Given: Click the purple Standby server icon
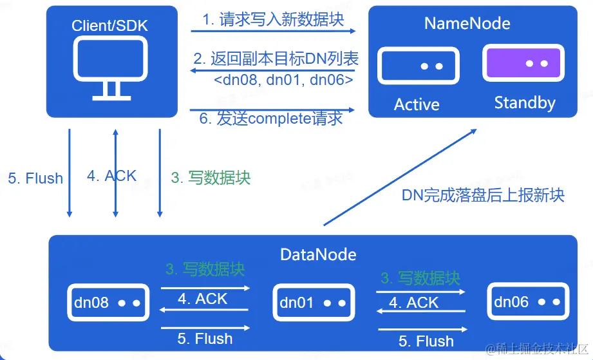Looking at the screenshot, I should click(523, 64).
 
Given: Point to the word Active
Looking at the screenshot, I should click(417, 104).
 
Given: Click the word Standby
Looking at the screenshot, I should click(525, 102).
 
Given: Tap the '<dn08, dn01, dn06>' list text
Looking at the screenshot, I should click(283, 80).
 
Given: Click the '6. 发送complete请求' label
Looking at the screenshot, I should click(270, 118).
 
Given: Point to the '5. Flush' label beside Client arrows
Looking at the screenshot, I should click(35, 178).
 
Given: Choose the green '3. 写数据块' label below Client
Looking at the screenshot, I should click(211, 178).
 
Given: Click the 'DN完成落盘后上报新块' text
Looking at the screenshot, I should click(483, 195).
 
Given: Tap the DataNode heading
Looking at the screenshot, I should click(318, 254).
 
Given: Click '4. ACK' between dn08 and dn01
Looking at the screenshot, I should click(202, 299).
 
